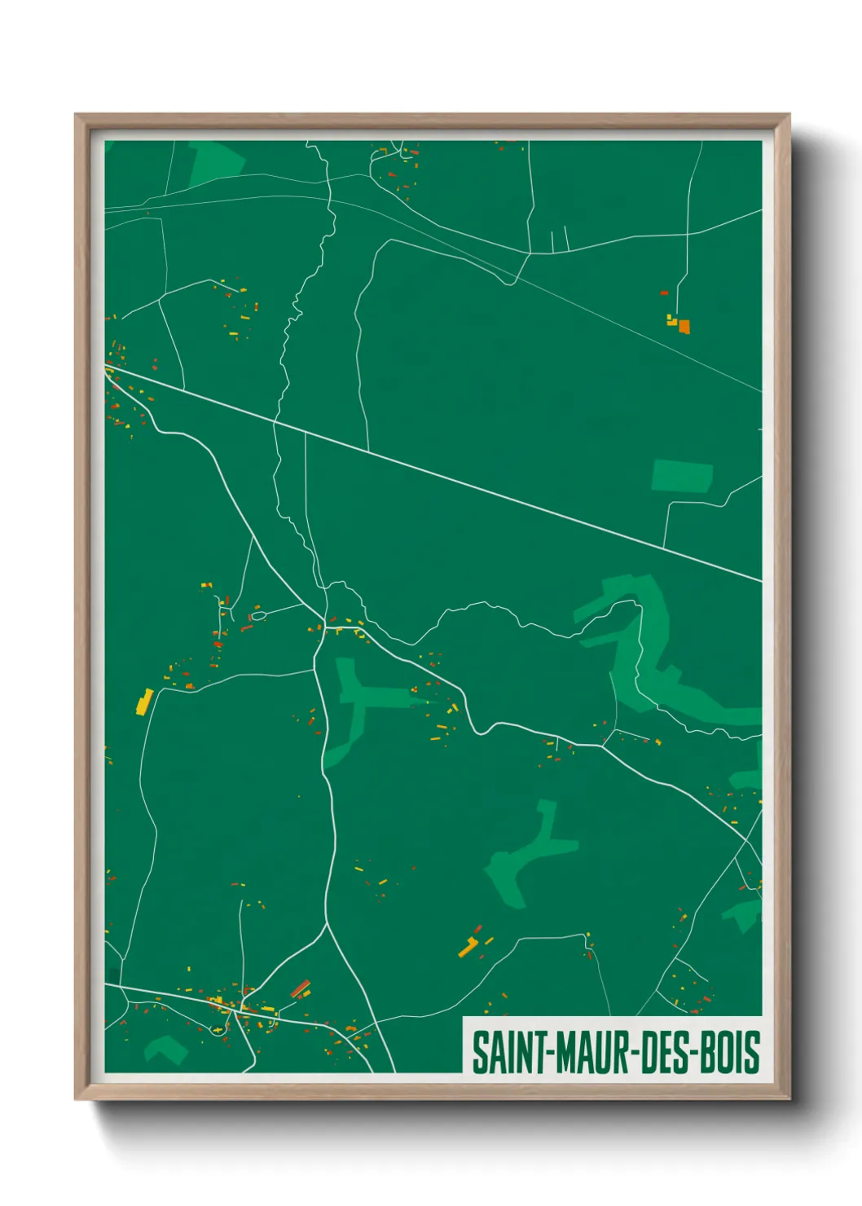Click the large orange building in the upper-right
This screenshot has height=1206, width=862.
point(684,327)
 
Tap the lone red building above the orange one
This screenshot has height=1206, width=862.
point(664,293)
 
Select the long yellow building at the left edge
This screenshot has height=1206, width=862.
point(144,702)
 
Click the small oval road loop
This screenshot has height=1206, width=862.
point(258,616)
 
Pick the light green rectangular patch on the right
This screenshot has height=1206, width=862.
point(682,476)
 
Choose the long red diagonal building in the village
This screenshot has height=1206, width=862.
point(300,988)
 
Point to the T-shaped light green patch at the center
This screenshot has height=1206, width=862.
point(358,698)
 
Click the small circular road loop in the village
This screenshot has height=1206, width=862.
point(218,1031)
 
